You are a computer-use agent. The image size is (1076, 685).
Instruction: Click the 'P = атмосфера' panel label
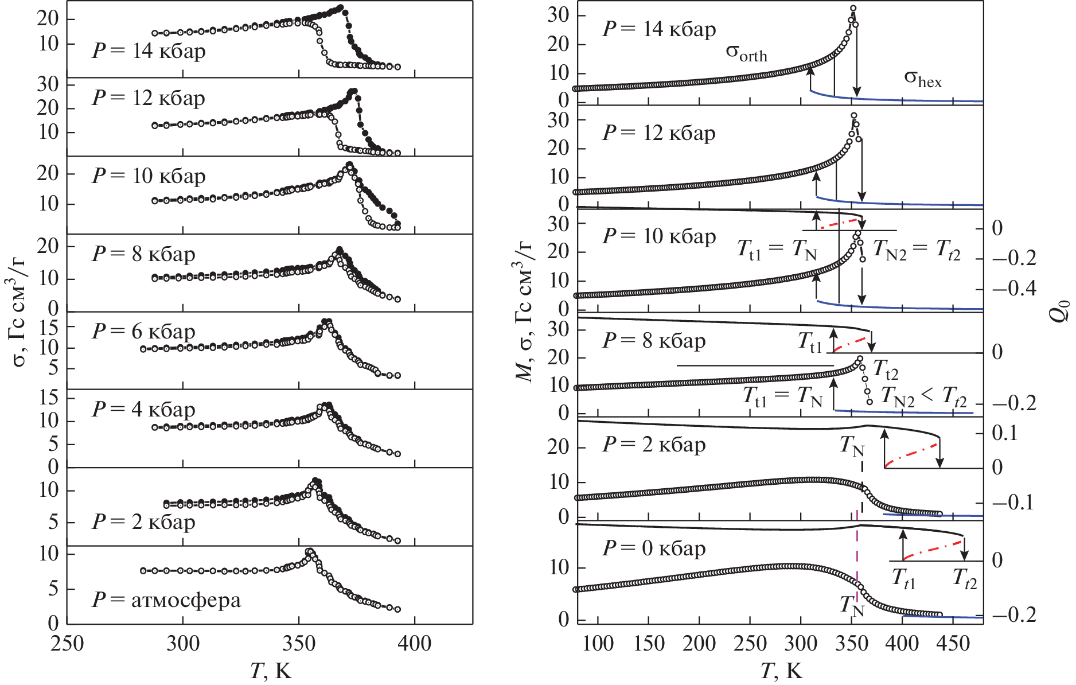click(166, 600)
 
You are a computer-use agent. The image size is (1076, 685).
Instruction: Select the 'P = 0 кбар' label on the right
click(654, 548)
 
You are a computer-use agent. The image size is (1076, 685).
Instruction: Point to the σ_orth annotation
click(746, 53)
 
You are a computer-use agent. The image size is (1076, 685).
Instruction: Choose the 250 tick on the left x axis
click(68, 643)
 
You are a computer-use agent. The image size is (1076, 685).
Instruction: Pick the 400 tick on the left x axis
click(414, 643)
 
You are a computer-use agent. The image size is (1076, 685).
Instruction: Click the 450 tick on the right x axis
click(953, 643)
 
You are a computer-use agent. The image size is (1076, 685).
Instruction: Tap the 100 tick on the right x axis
click(598, 643)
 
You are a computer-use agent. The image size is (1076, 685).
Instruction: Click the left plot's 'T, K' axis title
click(271, 670)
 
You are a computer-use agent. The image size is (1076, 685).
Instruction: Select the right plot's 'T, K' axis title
click(781, 670)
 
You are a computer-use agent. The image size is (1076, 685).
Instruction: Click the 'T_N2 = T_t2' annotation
click(916, 250)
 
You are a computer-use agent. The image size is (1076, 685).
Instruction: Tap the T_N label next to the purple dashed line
click(852, 606)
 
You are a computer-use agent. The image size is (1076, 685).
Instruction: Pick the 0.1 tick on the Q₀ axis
click(1005, 432)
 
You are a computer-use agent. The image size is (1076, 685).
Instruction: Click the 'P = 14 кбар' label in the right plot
click(659, 29)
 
